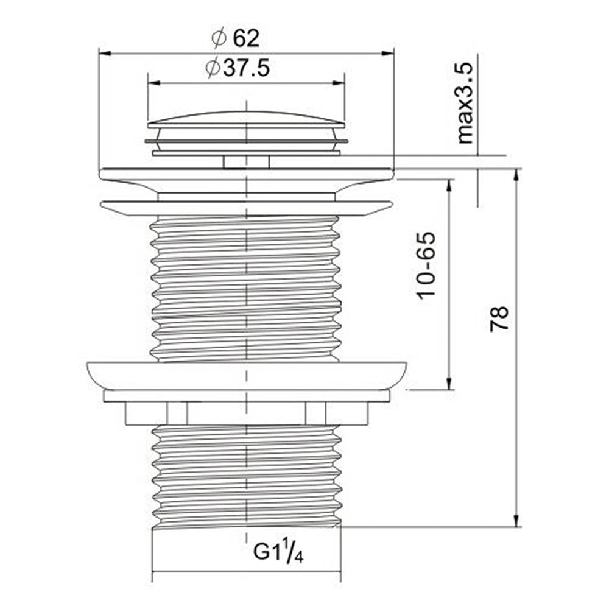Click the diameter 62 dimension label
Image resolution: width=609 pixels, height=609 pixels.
[x=236, y=38]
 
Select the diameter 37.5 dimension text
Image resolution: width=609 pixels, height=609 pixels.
[x=238, y=68]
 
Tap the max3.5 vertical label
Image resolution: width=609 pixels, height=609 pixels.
[x=466, y=101]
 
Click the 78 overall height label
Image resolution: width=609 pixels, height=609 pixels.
[x=499, y=318]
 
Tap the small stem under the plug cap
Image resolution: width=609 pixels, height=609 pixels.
[x=246, y=161]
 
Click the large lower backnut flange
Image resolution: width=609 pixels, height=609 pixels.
[x=246, y=375]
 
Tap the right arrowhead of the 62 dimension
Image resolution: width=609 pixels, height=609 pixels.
[x=389, y=54]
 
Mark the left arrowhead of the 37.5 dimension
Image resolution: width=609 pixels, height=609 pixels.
[x=152, y=83]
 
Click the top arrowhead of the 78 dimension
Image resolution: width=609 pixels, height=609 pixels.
[x=516, y=174]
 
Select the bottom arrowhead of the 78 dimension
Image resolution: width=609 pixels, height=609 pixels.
[x=516, y=522]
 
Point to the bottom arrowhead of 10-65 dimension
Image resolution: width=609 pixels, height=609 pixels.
[x=449, y=384]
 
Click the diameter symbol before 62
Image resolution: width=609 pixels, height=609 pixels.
[x=219, y=38]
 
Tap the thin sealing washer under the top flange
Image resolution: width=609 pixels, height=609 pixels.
[x=246, y=208]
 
